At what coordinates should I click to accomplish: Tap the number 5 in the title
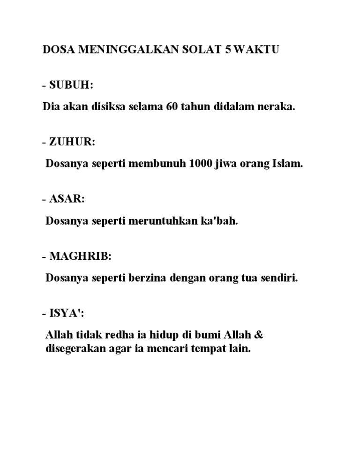[227, 50]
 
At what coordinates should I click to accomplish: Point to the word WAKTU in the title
[255, 50]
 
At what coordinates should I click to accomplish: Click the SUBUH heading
[71, 85]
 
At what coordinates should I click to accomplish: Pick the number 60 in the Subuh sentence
[172, 106]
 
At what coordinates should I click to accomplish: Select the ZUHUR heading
[72, 142]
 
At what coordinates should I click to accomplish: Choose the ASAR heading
[67, 199]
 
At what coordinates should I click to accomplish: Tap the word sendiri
[280, 278]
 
